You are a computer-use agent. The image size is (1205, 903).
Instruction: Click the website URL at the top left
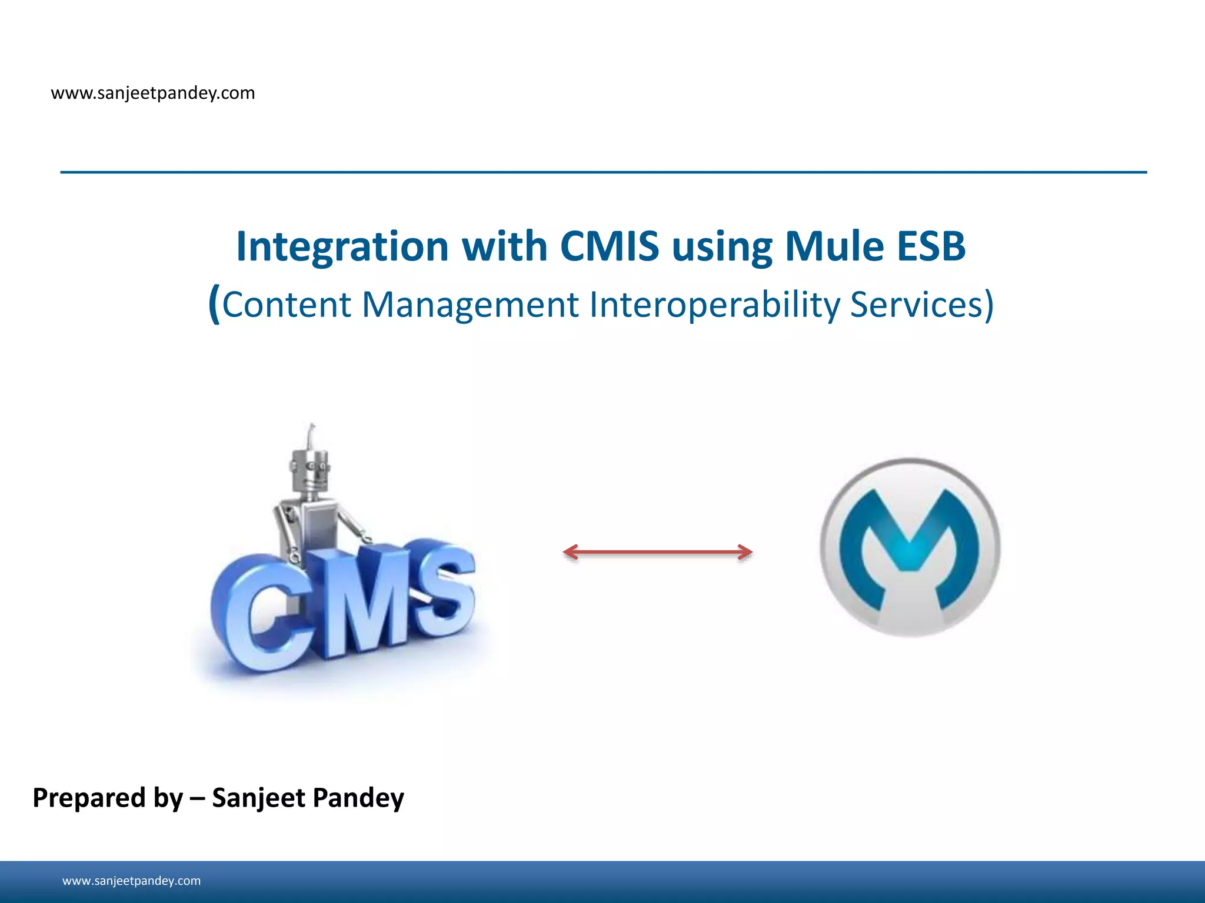click(x=153, y=93)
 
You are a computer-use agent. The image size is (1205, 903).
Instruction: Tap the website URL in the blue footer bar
click(x=131, y=881)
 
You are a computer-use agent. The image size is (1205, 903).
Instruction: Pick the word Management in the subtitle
click(x=470, y=305)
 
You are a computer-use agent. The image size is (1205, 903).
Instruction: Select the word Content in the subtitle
click(x=286, y=305)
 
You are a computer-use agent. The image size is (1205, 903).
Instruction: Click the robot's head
click(x=310, y=470)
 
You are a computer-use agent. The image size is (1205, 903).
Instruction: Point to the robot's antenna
click(x=311, y=435)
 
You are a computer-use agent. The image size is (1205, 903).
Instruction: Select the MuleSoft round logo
click(x=910, y=547)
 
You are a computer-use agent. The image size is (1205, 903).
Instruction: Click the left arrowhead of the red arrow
click(x=570, y=552)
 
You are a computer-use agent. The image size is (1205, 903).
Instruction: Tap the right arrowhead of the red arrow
click(x=746, y=552)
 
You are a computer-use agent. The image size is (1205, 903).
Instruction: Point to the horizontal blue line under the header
click(x=603, y=172)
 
